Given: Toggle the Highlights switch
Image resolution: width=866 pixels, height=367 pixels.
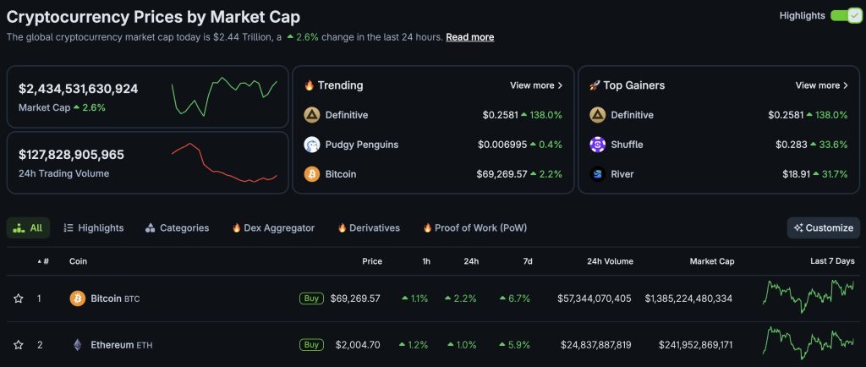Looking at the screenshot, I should pyautogui.click(x=846, y=15).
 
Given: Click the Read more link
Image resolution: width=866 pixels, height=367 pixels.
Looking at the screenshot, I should pyautogui.click(x=469, y=37).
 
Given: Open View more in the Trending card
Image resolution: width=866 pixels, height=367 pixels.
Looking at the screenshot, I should pyautogui.click(x=536, y=85).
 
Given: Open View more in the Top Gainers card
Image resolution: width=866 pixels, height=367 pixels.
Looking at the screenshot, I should pyautogui.click(x=822, y=85).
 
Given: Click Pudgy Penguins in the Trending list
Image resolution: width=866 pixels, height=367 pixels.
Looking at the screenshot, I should pyautogui.click(x=361, y=145).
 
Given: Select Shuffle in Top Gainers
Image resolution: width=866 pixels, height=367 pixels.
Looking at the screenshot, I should pyautogui.click(x=626, y=145).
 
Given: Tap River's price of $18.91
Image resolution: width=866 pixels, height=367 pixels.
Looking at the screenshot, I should pyautogui.click(x=792, y=174).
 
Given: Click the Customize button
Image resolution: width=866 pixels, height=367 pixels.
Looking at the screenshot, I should pyautogui.click(x=823, y=227).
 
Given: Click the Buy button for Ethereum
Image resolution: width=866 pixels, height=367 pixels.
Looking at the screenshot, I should pyautogui.click(x=311, y=345).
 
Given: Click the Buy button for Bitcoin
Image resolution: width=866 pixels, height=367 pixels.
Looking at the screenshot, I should pyautogui.click(x=311, y=299).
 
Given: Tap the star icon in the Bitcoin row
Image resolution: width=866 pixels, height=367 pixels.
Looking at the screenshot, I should pyautogui.click(x=18, y=299).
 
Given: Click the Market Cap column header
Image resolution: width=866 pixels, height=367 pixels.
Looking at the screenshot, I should pyautogui.click(x=711, y=261).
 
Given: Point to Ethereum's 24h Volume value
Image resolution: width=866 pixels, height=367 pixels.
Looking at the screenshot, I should pyautogui.click(x=595, y=345).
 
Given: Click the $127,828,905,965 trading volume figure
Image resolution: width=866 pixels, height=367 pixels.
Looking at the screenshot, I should pyautogui.click(x=71, y=155).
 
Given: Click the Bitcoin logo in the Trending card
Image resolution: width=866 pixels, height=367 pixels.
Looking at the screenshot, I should pyautogui.click(x=312, y=174).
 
